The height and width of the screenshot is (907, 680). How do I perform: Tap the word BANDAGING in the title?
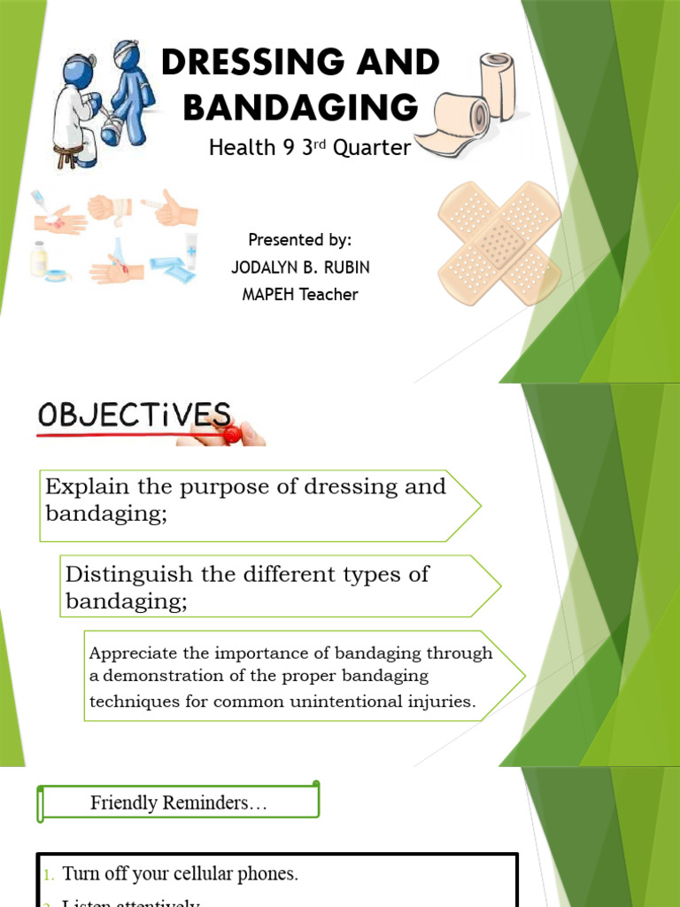pos(300,107)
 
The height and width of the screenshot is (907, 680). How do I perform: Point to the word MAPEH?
pos(269,295)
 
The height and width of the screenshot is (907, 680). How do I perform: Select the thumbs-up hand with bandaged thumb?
pos(172,207)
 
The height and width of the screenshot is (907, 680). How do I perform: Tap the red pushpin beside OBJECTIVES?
pos(231,433)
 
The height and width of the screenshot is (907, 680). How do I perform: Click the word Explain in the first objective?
pos(84,486)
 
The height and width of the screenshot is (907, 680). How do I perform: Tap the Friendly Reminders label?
pos(178,802)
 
